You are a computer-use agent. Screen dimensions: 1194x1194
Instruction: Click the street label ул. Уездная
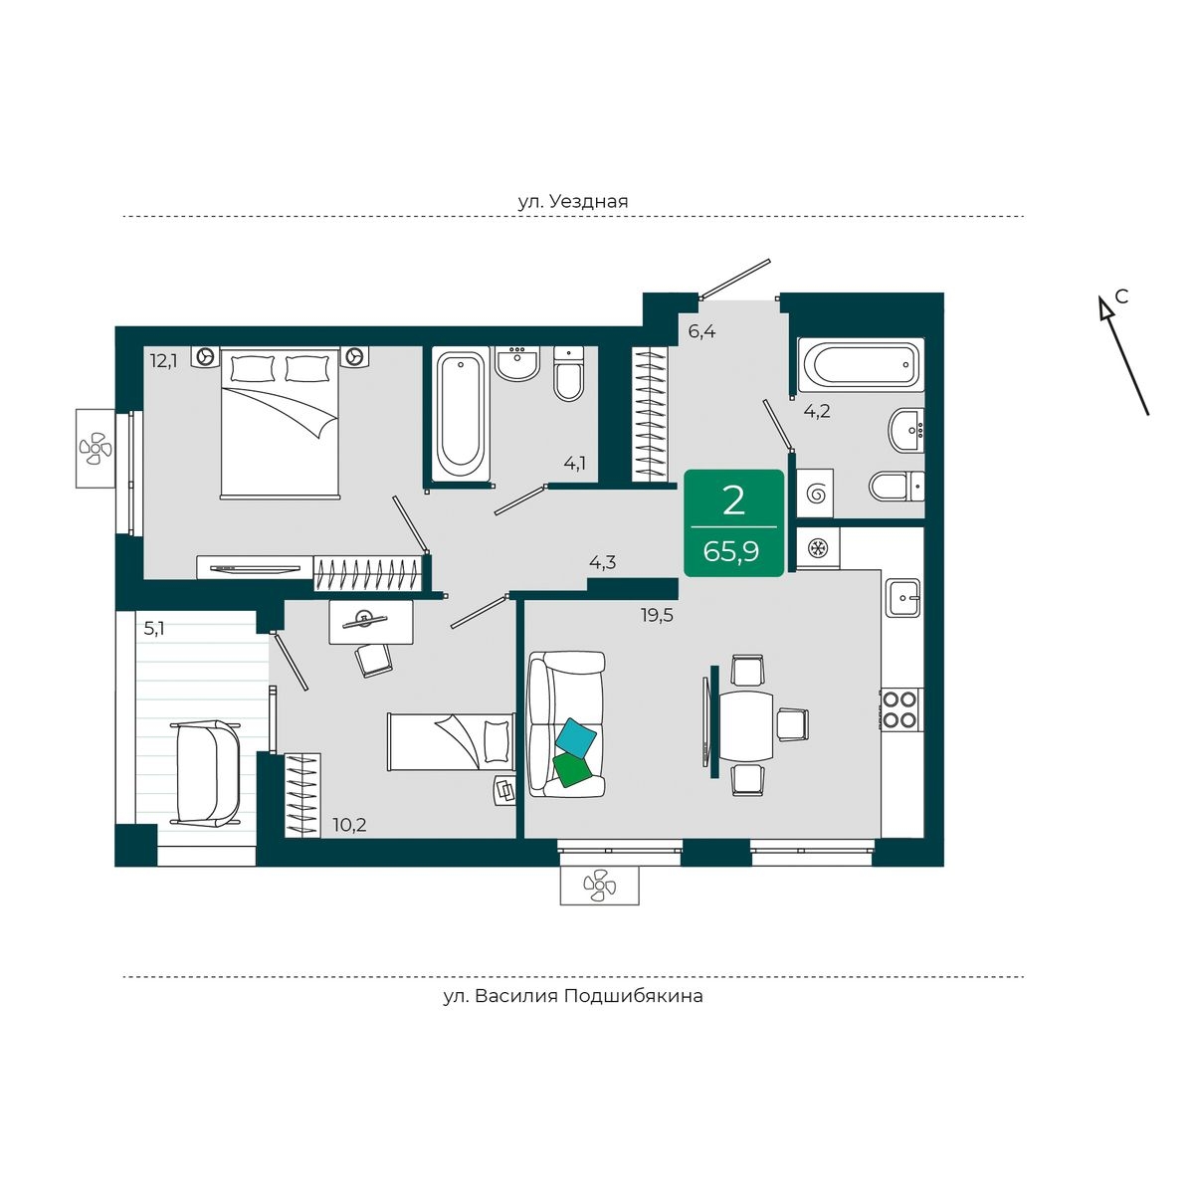tap(573, 201)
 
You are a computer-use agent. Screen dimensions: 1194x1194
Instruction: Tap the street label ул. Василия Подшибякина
tap(573, 996)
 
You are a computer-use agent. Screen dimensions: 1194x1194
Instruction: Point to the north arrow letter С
tap(1121, 297)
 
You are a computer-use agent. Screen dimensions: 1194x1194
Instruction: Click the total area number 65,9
tap(731, 550)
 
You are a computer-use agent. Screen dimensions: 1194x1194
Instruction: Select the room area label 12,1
tap(163, 360)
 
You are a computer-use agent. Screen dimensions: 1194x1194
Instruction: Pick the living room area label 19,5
tap(657, 615)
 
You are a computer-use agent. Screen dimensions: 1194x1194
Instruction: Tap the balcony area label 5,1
tap(155, 629)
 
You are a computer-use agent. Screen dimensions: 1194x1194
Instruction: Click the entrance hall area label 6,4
tap(702, 331)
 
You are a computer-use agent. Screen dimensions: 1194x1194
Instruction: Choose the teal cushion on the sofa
tap(576, 738)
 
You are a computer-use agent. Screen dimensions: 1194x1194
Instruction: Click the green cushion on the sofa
tap(572, 769)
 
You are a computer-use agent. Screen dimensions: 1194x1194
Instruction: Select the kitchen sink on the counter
tap(902, 597)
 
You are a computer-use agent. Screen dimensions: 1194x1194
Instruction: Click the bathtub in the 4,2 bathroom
tap(861, 365)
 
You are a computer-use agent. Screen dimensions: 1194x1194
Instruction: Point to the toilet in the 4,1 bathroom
tap(569, 374)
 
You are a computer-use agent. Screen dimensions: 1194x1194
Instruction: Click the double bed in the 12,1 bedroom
tap(280, 423)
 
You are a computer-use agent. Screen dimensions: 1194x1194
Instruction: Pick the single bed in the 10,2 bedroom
tap(451, 741)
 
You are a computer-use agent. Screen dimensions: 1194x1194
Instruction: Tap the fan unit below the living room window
tap(599, 886)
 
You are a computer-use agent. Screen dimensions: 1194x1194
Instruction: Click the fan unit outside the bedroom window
tap(96, 448)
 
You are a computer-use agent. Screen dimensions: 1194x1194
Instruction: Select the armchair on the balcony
tap(206, 773)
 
